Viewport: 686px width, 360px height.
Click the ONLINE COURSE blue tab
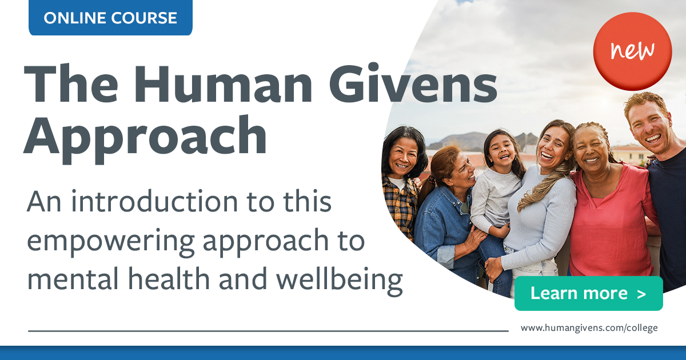pos(110,18)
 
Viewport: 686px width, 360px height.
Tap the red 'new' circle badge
pos(632,51)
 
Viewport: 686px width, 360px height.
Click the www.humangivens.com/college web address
pos(589,328)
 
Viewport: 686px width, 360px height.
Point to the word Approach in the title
pos(145,137)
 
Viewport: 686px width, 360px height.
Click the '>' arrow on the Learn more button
pos(641,294)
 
